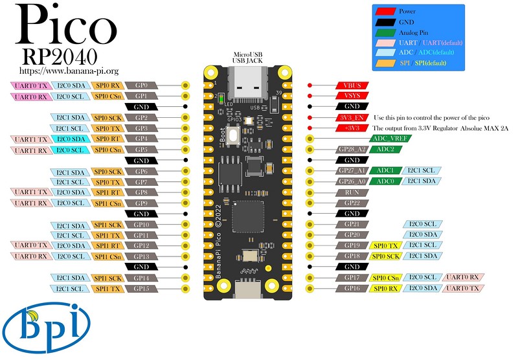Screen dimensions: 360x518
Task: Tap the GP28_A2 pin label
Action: coord(352,150)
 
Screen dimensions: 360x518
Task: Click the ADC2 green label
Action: coord(386,150)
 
